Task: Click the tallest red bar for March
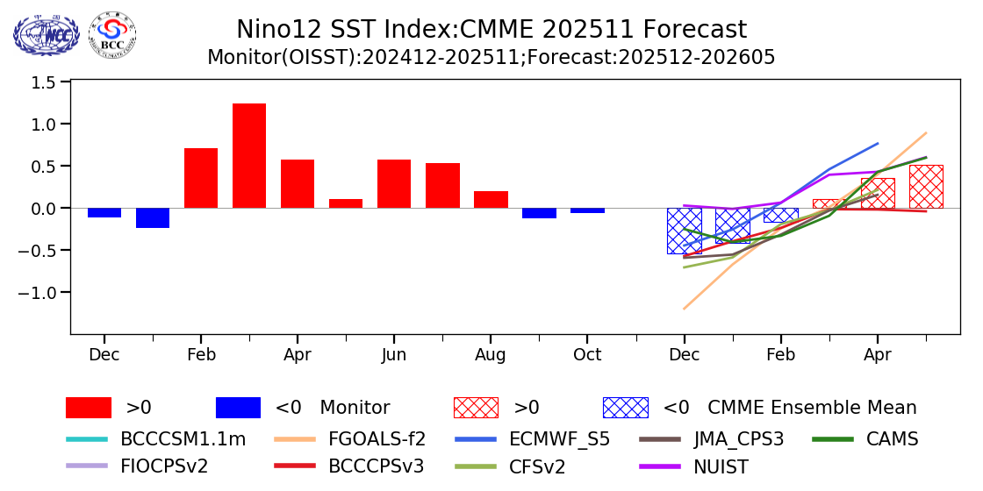[249, 155]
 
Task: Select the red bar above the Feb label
[201, 178]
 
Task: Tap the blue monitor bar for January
[153, 217]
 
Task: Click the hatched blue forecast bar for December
[684, 231]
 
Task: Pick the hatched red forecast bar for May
[926, 187]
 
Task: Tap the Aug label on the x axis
[491, 355]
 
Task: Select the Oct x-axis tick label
[587, 355]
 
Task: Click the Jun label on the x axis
[394, 355]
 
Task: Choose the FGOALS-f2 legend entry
[377, 439]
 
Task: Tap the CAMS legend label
[892, 439]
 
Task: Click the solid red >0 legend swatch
[89, 408]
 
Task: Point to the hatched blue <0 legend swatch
[625, 408]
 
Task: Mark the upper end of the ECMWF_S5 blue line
[877, 144]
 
